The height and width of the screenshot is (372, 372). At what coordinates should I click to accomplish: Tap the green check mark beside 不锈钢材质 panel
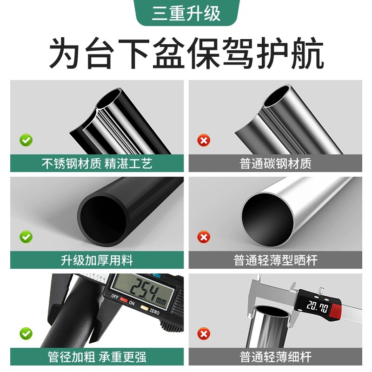pos(26,139)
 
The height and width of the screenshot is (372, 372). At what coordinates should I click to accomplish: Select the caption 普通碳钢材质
pos(275,164)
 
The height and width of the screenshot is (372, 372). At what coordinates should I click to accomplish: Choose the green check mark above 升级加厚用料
pos(26,237)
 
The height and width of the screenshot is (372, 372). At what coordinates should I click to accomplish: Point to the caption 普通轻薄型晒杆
pos(275,260)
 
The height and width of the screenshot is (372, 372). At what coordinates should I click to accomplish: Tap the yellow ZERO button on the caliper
pos(144,309)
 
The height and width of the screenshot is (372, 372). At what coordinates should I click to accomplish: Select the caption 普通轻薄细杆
pos(275,357)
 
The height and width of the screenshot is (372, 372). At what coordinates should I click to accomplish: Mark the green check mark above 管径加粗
pos(26,333)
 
